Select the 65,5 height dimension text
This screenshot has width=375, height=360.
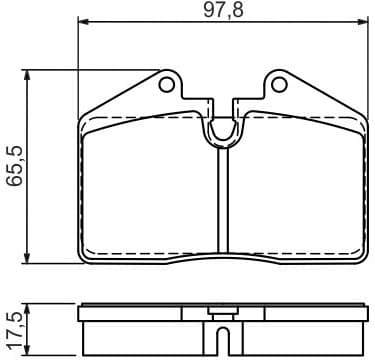pos(14,166)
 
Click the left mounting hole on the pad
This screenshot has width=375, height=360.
pos(169,85)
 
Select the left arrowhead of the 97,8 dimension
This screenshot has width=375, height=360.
pos(82,23)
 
